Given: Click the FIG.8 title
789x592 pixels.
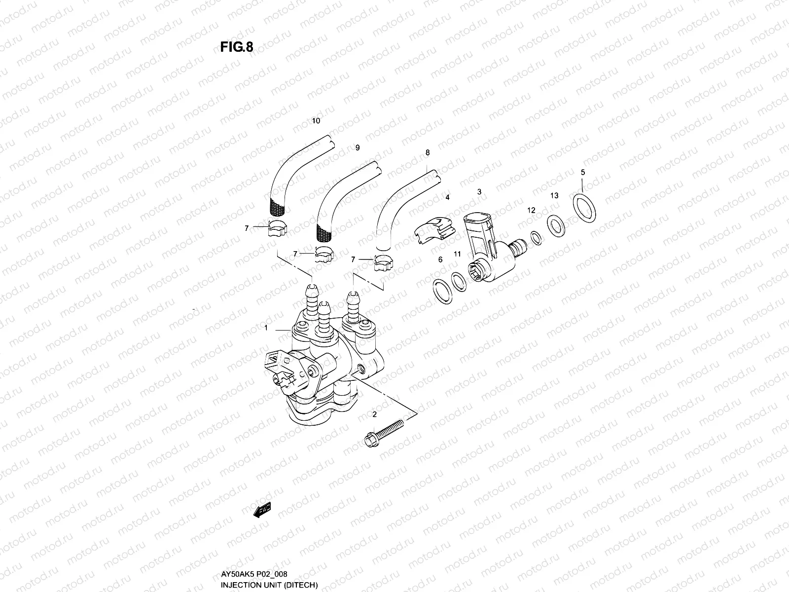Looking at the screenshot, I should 236,47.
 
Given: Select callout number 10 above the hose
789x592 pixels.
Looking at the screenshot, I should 316,121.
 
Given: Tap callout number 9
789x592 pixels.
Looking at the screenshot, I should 358,148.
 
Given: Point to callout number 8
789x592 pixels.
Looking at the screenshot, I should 428,153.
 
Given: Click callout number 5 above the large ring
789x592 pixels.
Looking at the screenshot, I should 583,172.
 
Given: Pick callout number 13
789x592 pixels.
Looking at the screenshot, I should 554,196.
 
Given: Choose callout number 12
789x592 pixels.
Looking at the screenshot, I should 531,210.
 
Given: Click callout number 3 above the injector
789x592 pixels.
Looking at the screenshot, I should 479,191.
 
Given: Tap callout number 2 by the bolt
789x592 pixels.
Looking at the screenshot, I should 374,414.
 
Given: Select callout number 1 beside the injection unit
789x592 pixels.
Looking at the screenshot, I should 266,328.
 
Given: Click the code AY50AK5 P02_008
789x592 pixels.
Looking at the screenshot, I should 254,574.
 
